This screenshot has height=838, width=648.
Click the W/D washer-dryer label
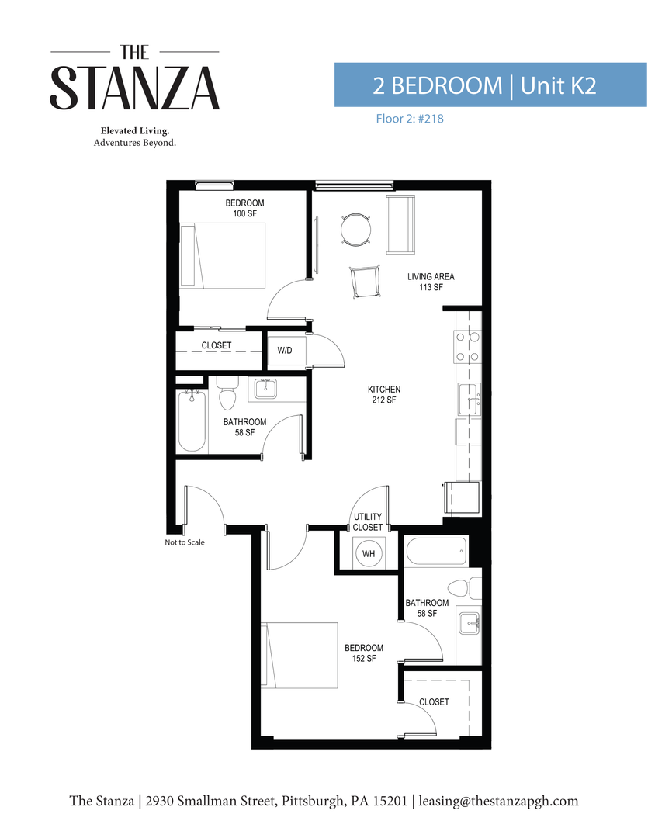coord(285,351)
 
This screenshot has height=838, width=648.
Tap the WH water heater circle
coord(369,554)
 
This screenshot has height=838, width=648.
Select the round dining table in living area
coord(356,230)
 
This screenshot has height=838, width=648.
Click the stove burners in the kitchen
coord(467,347)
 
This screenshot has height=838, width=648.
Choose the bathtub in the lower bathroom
coord(436,552)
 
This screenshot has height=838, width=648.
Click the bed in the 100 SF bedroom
coord(223,255)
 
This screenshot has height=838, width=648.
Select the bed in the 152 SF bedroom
coord(300,655)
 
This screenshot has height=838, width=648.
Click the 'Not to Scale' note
coord(185,542)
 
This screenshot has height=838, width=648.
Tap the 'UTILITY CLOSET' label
coord(368,522)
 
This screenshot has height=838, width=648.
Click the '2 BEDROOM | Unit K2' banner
coord(490,85)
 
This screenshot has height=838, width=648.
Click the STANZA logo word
coord(135,88)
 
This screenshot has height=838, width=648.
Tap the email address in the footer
coord(499,801)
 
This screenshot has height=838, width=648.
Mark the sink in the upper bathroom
coord(266,387)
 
